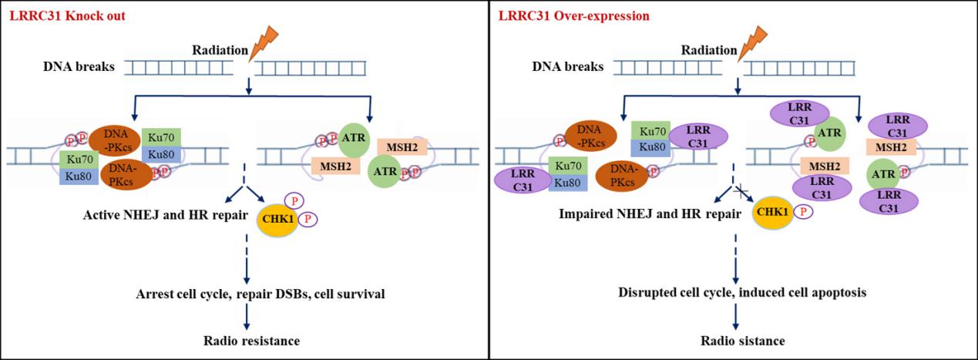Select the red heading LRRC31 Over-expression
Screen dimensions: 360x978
click(x=563, y=15)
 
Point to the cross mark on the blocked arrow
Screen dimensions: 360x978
click(x=742, y=191)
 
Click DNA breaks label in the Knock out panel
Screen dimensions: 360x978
click(x=79, y=67)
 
